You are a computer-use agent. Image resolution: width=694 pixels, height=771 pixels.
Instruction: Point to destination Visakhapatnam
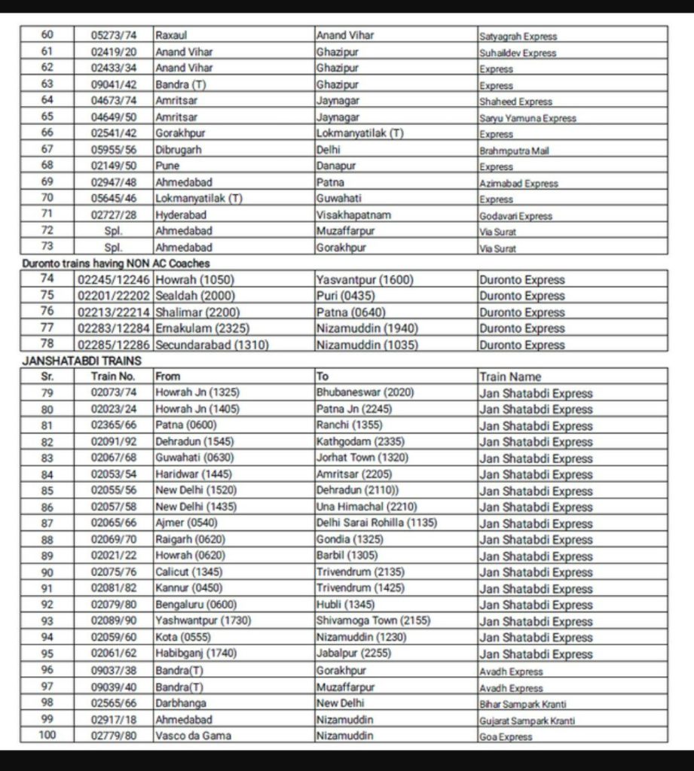coord(354,215)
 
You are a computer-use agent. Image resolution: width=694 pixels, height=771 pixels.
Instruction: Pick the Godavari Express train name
coord(515,215)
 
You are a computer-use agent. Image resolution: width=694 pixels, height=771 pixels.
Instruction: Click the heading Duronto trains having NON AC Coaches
coord(115,264)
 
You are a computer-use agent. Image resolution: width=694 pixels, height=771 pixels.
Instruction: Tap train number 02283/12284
coord(113,328)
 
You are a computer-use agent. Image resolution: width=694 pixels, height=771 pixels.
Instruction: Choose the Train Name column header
coord(510,376)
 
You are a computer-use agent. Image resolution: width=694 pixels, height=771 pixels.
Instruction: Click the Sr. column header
coord(47,376)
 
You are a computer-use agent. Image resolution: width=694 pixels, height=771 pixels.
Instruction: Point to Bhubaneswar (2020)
coord(365,393)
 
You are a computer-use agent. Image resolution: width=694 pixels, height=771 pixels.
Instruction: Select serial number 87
coord(47,523)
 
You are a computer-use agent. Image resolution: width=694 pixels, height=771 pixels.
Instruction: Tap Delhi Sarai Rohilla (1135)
coord(377,523)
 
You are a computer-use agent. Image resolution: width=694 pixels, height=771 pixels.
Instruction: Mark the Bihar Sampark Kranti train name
coord(523,704)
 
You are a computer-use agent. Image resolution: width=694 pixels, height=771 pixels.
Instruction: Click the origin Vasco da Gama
coord(193,736)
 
